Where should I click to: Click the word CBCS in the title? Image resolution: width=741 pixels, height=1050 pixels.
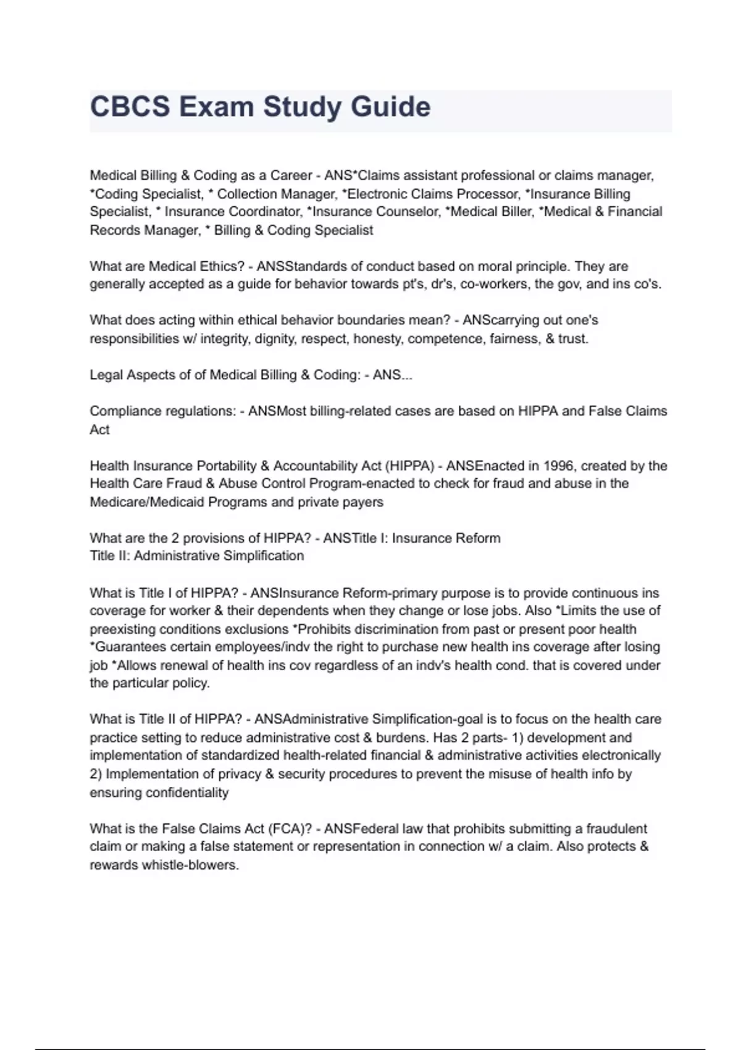(130, 107)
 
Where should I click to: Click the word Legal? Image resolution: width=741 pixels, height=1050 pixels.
(106, 375)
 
